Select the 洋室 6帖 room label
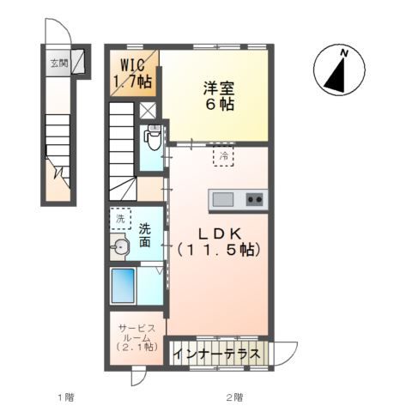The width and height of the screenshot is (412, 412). pyautogui.click(x=219, y=95)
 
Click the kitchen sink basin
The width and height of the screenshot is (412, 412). pyautogui.click(x=223, y=199)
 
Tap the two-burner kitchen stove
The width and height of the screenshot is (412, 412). pyautogui.click(x=254, y=199)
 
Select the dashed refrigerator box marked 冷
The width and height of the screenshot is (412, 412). pyautogui.click(x=223, y=157)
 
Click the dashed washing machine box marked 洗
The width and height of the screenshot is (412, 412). pyautogui.click(x=119, y=220)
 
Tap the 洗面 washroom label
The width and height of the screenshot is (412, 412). pyautogui.click(x=146, y=235)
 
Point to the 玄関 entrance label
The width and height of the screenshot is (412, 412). pyautogui.click(x=58, y=62)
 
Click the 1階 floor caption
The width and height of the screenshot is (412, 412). pyautogui.click(x=65, y=397)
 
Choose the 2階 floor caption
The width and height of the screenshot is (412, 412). pyautogui.click(x=234, y=397)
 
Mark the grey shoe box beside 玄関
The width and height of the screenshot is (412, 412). pyautogui.click(x=77, y=62)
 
